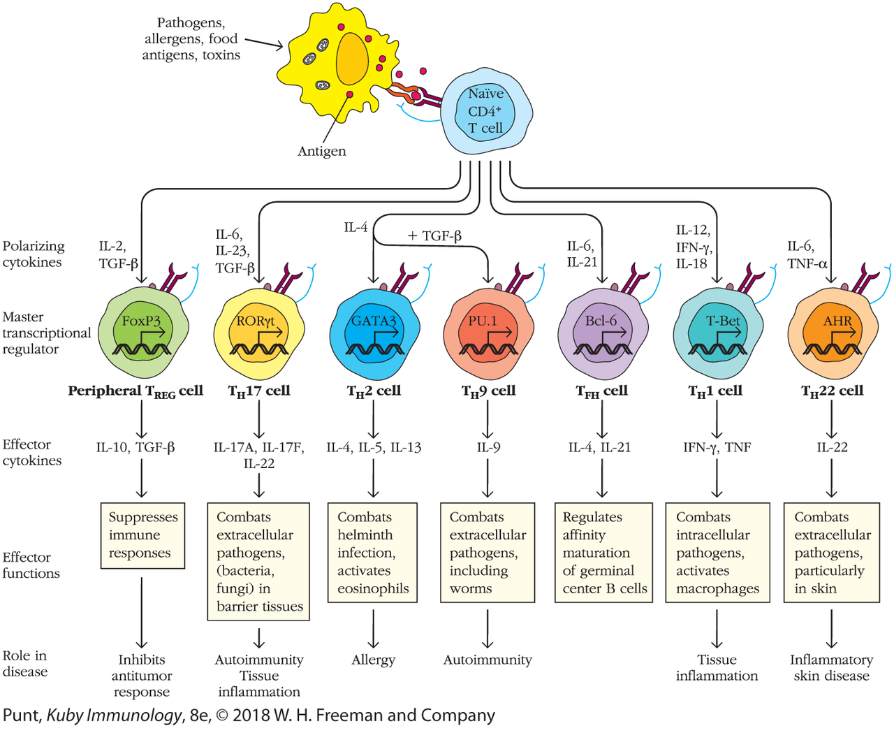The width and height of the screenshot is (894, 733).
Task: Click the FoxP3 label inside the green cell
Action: [x=141, y=321]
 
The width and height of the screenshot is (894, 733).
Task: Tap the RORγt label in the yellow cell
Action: [x=256, y=321]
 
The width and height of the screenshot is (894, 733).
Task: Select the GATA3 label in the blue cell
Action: [x=373, y=321]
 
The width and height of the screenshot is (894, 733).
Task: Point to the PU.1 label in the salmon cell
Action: [x=482, y=321]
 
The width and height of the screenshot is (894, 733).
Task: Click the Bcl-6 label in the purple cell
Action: [x=601, y=321]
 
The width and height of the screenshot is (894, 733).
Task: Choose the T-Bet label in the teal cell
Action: [x=722, y=321]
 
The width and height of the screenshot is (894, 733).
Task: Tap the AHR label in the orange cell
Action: [x=837, y=321]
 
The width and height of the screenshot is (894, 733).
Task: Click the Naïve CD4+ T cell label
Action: [x=485, y=111]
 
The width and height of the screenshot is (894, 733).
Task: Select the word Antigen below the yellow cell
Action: [x=321, y=152]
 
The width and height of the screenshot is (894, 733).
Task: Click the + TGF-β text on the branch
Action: [x=434, y=236]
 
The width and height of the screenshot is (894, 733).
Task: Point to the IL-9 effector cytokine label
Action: [x=488, y=448]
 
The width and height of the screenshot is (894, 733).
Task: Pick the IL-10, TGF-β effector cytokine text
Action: [x=135, y=448]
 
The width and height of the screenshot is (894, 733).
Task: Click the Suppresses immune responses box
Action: [x=142, y=535]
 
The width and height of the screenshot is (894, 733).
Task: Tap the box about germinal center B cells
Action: [x=603, y=553]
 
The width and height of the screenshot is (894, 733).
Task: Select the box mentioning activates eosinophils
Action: [x=372, y=553]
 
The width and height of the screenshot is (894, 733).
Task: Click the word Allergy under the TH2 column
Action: [x=373, y=660]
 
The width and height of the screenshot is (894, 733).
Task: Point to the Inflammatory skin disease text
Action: [x=831, y=668]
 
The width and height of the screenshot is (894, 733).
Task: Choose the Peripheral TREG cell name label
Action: [x=135, y=391]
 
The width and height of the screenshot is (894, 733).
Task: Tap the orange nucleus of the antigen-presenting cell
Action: [x=353, y=59]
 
